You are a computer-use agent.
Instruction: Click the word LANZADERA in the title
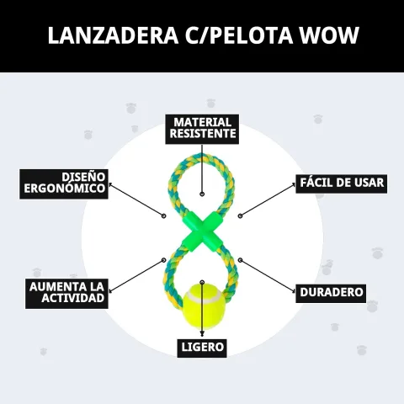click(x=113, y=35)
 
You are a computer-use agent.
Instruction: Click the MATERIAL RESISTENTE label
click(x=202, y=129)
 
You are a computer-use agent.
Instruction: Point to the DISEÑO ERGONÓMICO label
click(x=64, y=183)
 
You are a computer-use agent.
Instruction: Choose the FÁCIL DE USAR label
click(x=342, y=183)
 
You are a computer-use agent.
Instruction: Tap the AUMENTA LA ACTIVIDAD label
click(x=66, y=294)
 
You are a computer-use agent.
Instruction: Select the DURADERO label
click(x=331, y=293)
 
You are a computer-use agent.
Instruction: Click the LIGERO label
click(x=202, y=348)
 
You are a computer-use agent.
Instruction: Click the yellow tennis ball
click(x=204, y=306)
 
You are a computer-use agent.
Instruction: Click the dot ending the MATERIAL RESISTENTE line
click(x=202, y=194)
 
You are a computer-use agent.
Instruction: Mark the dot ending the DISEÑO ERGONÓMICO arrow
click(x=164, y=215)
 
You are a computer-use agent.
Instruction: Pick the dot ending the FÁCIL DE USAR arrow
click(x=240, y=215)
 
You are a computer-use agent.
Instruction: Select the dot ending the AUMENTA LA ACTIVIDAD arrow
click(x=164, y=260)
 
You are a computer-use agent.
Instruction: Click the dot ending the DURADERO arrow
click(x=240, y=260)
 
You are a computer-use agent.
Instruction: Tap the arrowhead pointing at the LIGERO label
click(x=202, y=334)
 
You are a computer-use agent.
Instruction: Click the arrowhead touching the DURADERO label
click(x=294, y=291)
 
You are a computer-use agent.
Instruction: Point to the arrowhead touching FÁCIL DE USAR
click(x=294, y=184)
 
